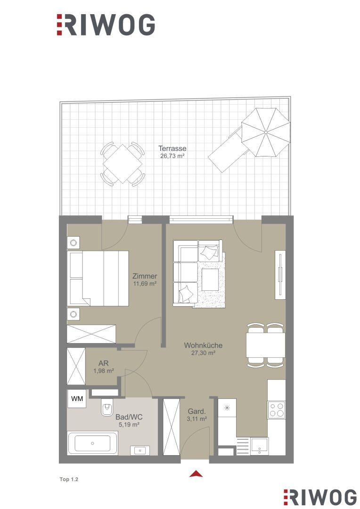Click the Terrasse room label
pos(172,148)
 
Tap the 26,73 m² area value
pos(172,156)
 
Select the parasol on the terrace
pos(266,132)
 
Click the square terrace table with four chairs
pos(123,164)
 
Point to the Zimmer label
pos(145,276)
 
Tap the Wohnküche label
pos(203,345)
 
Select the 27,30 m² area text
pos(203,353)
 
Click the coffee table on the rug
pos(210,279)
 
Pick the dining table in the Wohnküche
pos(266,345)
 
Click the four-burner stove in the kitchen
pos(276,410)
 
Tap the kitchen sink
pos(259,446)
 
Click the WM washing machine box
pos(77,399)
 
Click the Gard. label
pos(196,411)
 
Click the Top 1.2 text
pos(69,479)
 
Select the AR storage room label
pos(104,363)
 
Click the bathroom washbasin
pos(140,451)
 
